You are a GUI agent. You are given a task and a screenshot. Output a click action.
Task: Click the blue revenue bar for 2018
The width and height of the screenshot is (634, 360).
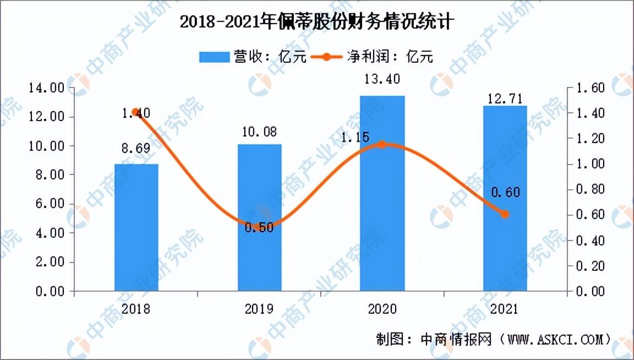coord(136,227)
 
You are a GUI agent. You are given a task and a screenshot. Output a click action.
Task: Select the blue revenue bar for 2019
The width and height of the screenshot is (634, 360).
coord(260,217)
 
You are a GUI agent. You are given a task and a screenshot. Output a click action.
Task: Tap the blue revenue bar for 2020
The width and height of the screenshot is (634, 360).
coord(382,193)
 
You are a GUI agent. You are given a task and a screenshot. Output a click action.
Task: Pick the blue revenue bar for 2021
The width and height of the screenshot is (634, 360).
coord(505,198)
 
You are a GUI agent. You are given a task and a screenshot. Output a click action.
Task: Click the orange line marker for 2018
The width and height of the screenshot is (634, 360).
coord(135,112)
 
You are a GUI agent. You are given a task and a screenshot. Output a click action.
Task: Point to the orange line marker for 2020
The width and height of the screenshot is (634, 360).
coord(382,144)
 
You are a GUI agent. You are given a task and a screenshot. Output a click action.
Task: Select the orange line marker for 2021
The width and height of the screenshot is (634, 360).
coord(505,214)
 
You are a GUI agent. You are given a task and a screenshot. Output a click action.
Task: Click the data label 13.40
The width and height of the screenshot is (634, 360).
coord(382,79)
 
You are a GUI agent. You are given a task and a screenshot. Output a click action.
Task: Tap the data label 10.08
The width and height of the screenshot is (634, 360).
coord(260,132)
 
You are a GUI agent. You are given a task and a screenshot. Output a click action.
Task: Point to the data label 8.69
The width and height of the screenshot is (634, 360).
coord(136,149)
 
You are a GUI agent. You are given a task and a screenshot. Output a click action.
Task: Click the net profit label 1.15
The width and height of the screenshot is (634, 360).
coord(354,137)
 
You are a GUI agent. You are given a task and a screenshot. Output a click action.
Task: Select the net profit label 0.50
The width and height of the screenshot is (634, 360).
coord(259,227)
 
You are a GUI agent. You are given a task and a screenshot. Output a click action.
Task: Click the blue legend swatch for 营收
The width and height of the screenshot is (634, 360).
coord(214,57)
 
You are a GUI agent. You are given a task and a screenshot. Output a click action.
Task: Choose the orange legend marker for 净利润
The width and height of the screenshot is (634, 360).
coord(326,57)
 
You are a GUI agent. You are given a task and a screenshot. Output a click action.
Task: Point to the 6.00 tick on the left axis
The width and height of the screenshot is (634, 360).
coord(50,204)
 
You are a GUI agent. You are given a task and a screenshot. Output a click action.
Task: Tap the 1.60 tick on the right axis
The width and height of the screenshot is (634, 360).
coord(591,88)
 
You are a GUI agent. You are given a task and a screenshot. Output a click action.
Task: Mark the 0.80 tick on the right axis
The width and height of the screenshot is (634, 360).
coord(591,189)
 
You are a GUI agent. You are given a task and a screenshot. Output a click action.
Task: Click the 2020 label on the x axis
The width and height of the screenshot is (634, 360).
coord(382,309)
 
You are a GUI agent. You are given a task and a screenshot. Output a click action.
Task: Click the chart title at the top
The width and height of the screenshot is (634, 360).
coord(317,21)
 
